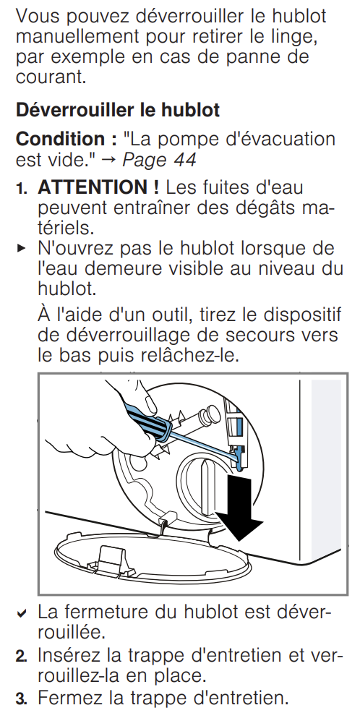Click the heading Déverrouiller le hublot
pos(118,111)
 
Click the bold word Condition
pos(61,139)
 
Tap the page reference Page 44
pos(160,160)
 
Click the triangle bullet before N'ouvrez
pos(21,249)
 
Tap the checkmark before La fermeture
pos(21,614)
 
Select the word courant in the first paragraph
pos(50,77)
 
